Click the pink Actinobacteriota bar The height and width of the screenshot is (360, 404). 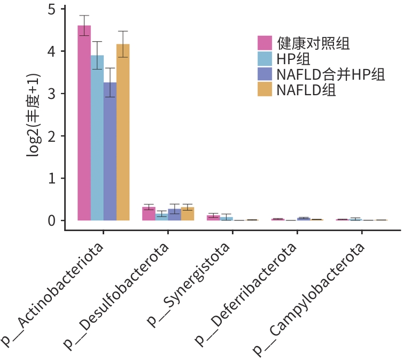click(x=84, y=123)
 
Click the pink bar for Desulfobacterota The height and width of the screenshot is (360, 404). click(x=149, y=213)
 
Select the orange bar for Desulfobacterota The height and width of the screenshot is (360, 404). click(x=188, y=213)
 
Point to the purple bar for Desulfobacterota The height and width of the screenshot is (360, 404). click(x=175, y=215)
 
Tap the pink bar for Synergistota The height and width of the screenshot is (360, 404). click(x=213, y=218)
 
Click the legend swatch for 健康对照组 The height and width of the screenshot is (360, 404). click(x=266, y=43)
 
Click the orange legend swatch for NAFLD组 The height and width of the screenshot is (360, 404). click(x=266, y=89)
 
